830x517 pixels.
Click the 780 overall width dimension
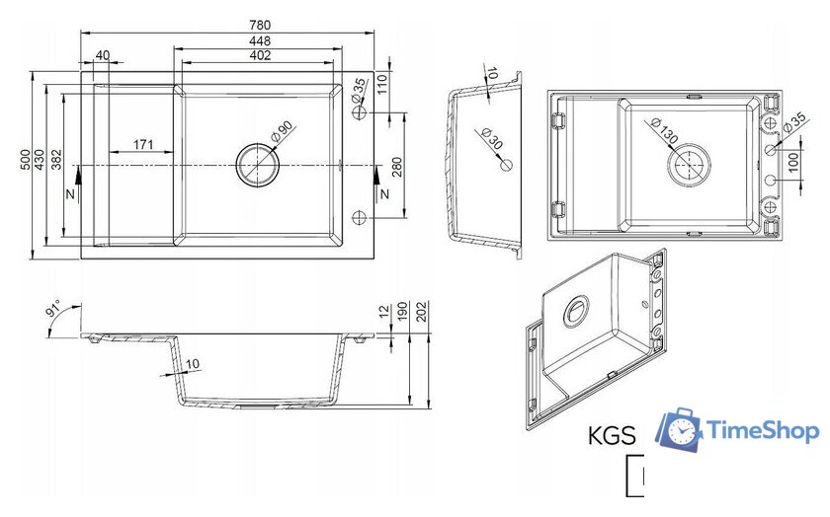pyautogui.click(x=260, y=25)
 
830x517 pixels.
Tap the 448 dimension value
pyautogui.click(x=260, y=40)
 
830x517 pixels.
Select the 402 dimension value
pyautogui.click(x=260, y=55)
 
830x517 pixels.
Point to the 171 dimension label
pyautogui.click(x=143, y=144)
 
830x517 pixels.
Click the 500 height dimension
pyautogui.click(x=25, y=160)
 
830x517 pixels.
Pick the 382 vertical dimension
pyautogui.click(x=56, y=160)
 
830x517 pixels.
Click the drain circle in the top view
pyautogui.click(x=257, y=165)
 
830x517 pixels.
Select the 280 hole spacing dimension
pyautogui.click(x=397, y=167)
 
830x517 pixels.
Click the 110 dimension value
pyautogui.click(x=381, y=85)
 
